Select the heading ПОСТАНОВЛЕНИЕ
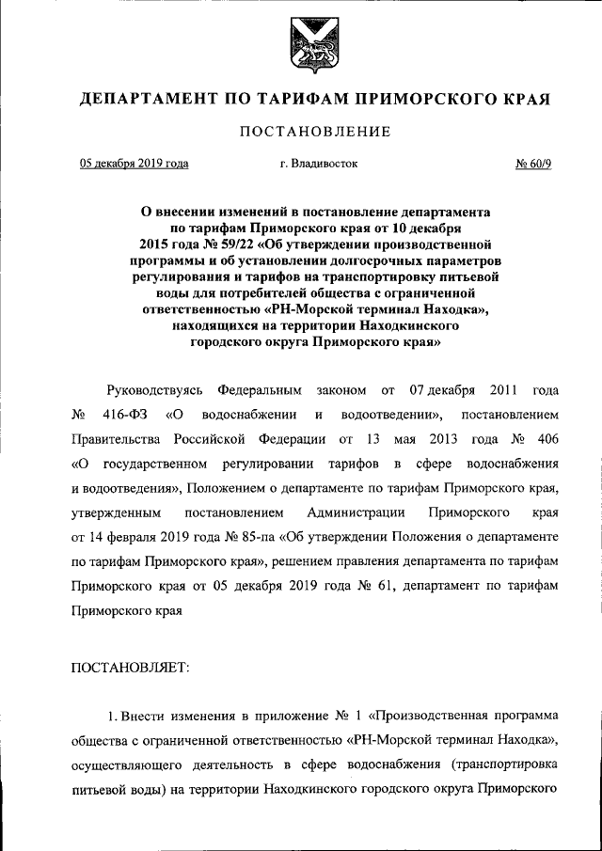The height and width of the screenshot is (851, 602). [302, 133]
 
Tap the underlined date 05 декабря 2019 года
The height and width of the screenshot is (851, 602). [133, 164]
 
